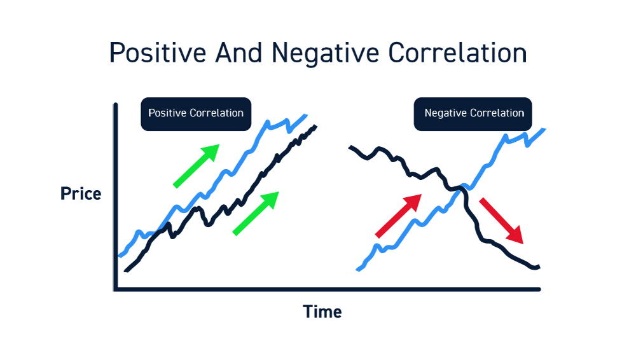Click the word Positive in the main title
coord(158,53)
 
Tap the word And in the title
coord(238,52)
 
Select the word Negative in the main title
coord(325,53)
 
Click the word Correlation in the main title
coord(457,53)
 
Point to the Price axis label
coord(81,193)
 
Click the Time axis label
coord(322,312)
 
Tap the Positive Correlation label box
coord(196,114)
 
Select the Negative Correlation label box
coord(473,114)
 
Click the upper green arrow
coord(197,166)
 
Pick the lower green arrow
coord(256,213)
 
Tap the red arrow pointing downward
coord(501,221)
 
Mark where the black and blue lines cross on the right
coord(460,188)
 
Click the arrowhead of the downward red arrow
coord(515,235)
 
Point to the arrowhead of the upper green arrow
coord(211,152)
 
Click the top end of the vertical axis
coord(116,105)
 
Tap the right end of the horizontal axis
coord(539,289)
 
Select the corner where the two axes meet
coord(116,289)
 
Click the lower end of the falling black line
coord(539,267)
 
